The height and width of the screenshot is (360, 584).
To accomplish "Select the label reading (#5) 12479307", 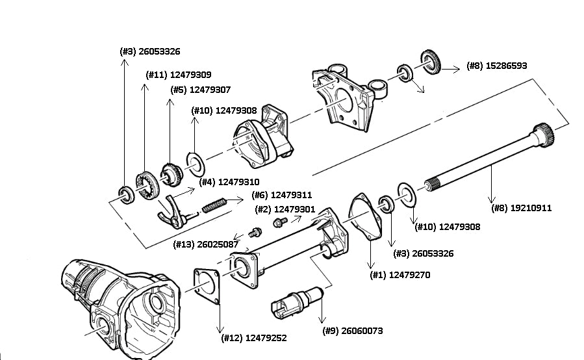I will [200, 90].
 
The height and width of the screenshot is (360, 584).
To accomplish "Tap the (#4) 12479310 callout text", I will [229, 183].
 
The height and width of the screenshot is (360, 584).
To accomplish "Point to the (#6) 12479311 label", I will [282, 195].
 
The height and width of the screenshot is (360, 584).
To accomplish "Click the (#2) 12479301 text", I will [285, 209].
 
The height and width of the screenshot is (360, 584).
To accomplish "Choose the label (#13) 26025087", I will [206, 244].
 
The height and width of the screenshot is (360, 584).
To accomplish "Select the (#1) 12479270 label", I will [400, 276].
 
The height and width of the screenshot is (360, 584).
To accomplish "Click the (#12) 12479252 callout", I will [254, 338].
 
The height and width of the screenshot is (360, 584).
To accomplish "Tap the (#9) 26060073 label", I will [353, 331].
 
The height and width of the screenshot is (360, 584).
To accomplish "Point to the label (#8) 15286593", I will [497, 66].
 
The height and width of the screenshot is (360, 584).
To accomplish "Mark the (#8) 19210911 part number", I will [522, 209].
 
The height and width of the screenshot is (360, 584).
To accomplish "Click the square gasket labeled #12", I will [208, 286].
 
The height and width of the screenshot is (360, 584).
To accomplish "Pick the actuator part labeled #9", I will [296, 302].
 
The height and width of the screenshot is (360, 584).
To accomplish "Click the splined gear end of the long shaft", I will [543, 135].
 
